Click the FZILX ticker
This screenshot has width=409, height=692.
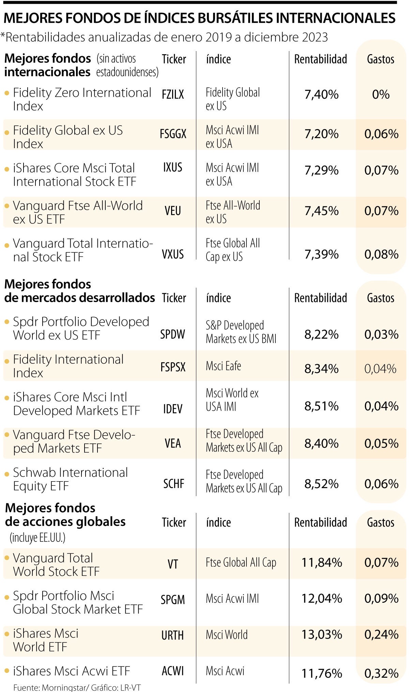click(173, 94)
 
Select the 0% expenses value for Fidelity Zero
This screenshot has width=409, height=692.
click(381, 94)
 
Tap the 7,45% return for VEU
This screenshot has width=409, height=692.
click(321, 211)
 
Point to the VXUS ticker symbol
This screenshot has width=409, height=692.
click(173, 254)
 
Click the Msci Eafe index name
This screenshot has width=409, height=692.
click(223, 366)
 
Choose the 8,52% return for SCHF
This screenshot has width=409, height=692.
click(321, 484)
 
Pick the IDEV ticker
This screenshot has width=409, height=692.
click(173, 409)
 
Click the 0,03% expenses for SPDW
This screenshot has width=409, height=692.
click(381, 334)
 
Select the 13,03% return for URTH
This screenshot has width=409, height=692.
click(321, 634)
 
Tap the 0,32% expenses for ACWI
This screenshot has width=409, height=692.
click(381, 673)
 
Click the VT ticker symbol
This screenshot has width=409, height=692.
click(173, 564)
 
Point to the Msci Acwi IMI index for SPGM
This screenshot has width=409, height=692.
click(232, 598)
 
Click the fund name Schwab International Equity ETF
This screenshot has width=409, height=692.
click(70, 479)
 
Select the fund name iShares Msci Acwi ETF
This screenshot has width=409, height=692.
click(72, 671)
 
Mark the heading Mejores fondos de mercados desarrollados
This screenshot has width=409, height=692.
click(79, 291)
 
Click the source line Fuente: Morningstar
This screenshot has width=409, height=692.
click(77, 688)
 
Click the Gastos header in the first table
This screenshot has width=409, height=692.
click(380, 59)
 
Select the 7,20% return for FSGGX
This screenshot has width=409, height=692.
click(321, 134)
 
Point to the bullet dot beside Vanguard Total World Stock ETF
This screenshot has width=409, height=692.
click(7, 558)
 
